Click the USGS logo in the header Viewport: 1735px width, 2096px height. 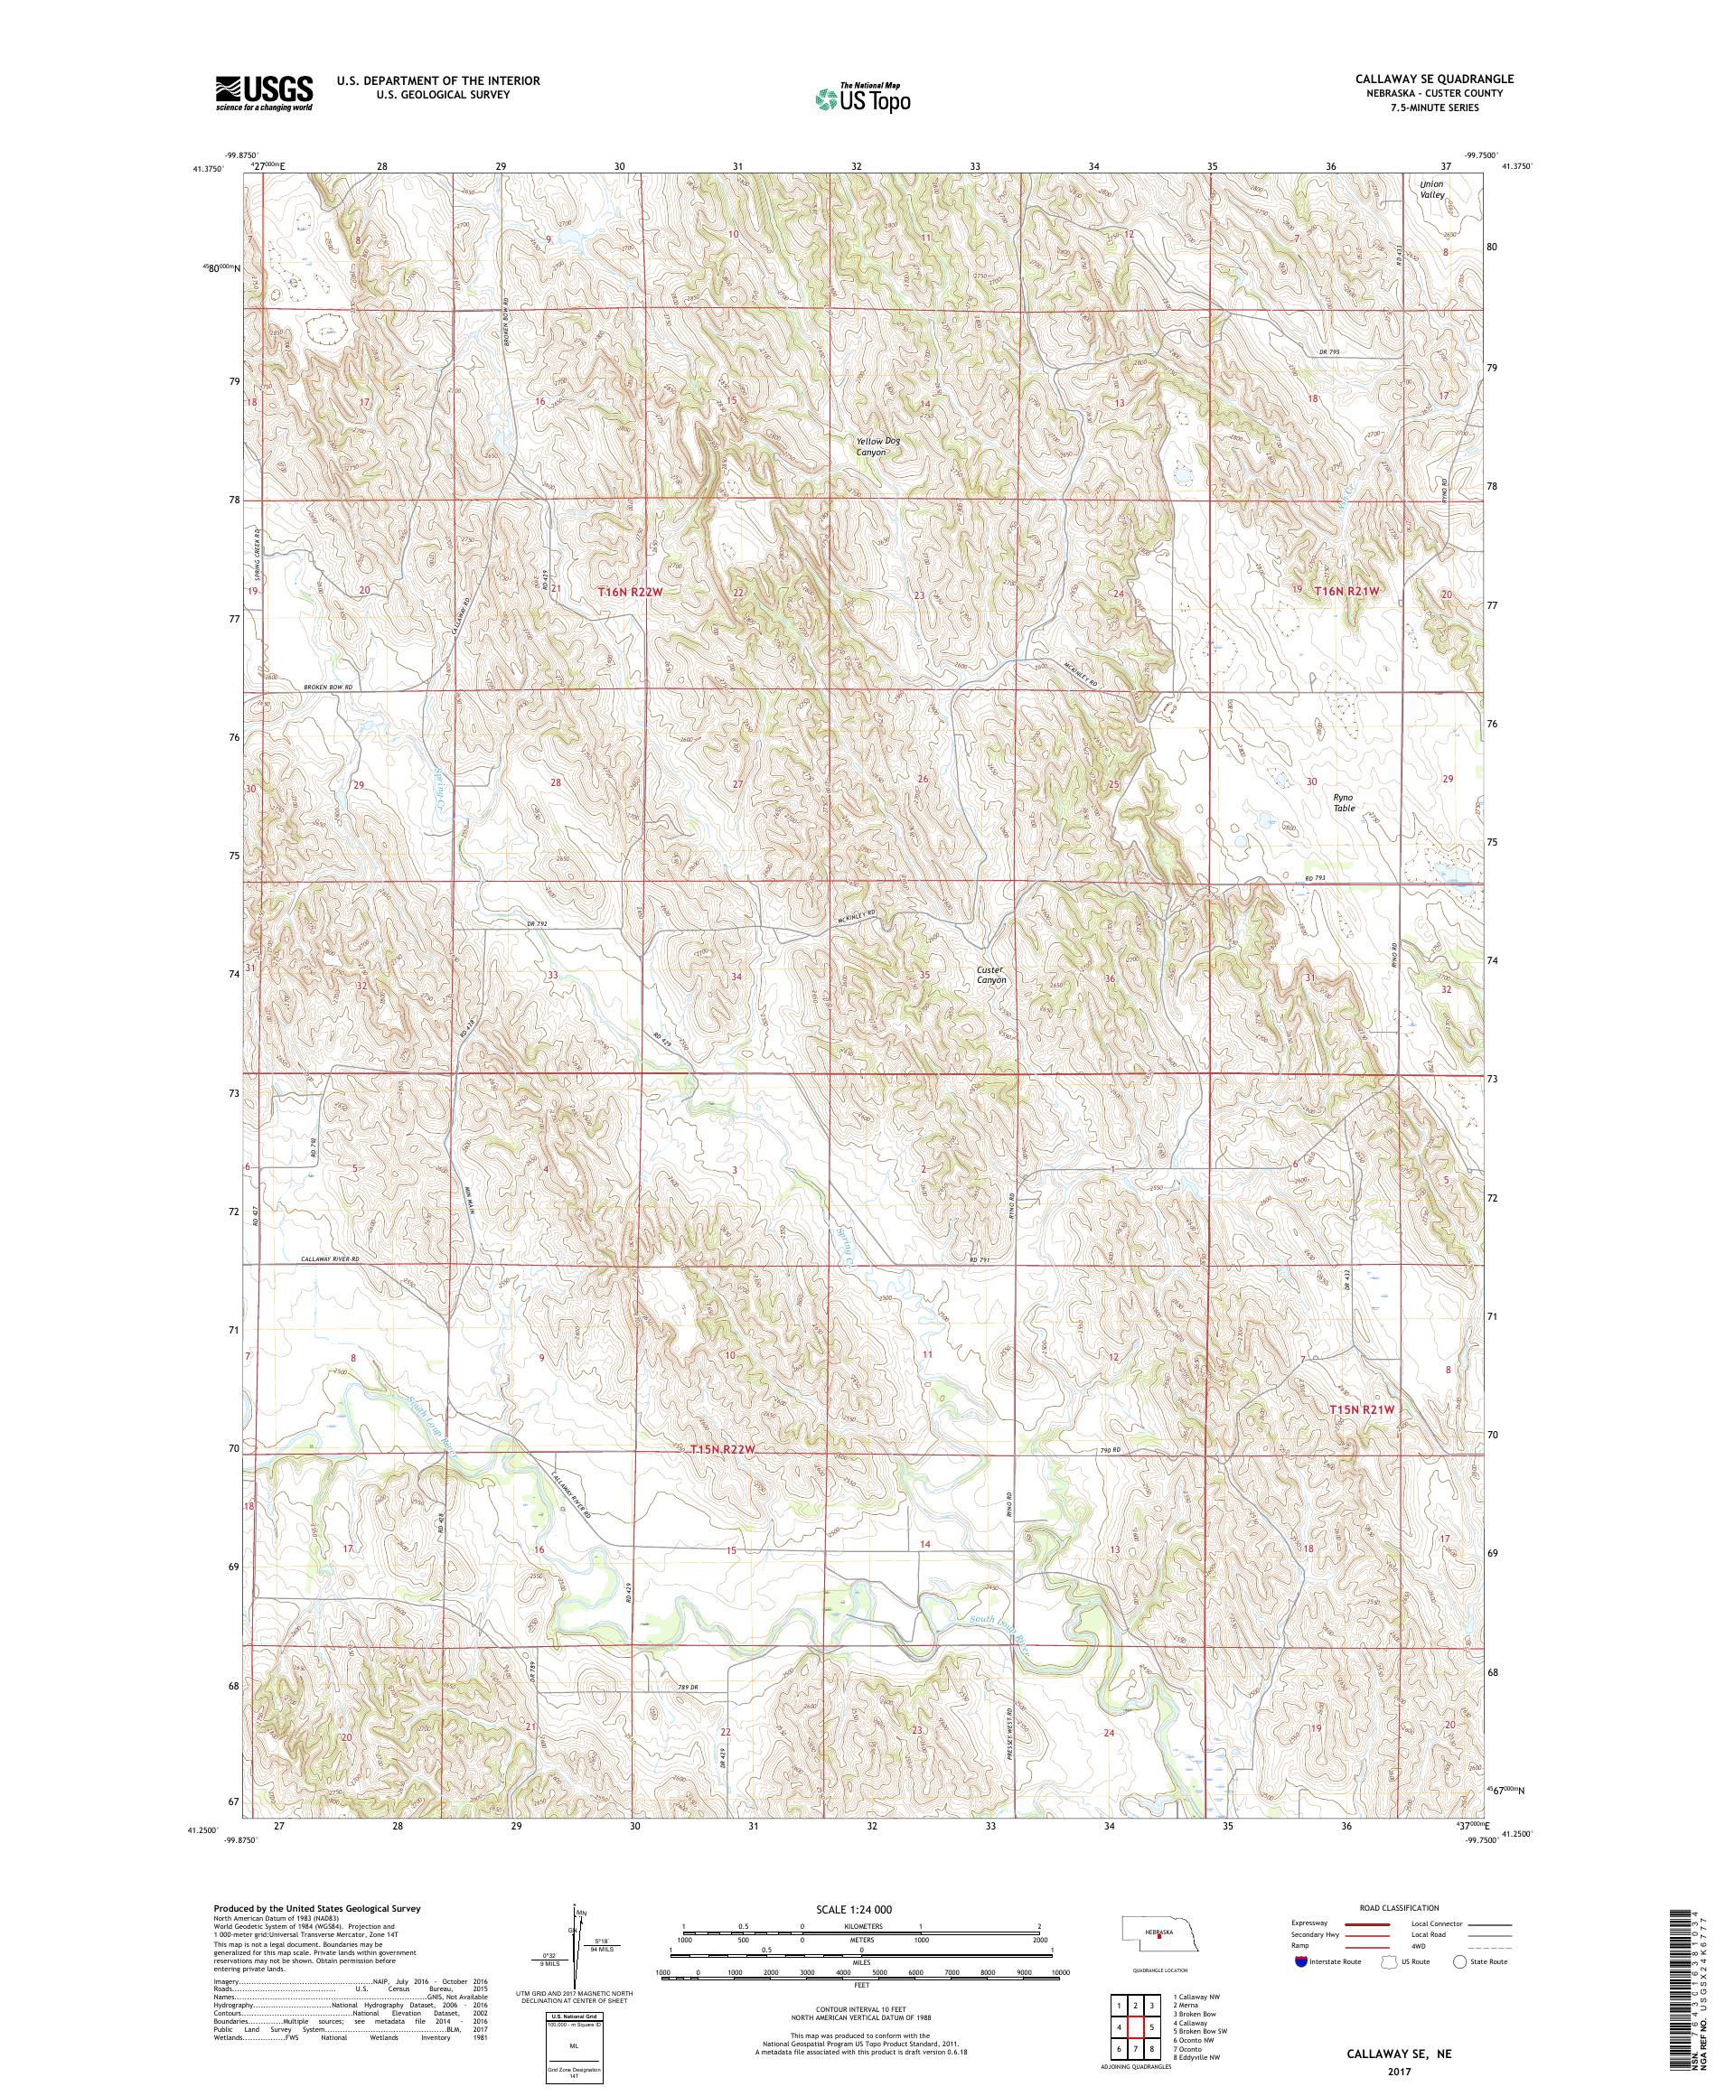tap(265, 93)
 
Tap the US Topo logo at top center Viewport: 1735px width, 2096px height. tap(864, 98)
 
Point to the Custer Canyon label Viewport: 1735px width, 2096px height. tap(991, 974)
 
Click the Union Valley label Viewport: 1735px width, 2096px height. tap(1432, 190)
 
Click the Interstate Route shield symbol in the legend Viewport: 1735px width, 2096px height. tap(1299, 1961)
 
